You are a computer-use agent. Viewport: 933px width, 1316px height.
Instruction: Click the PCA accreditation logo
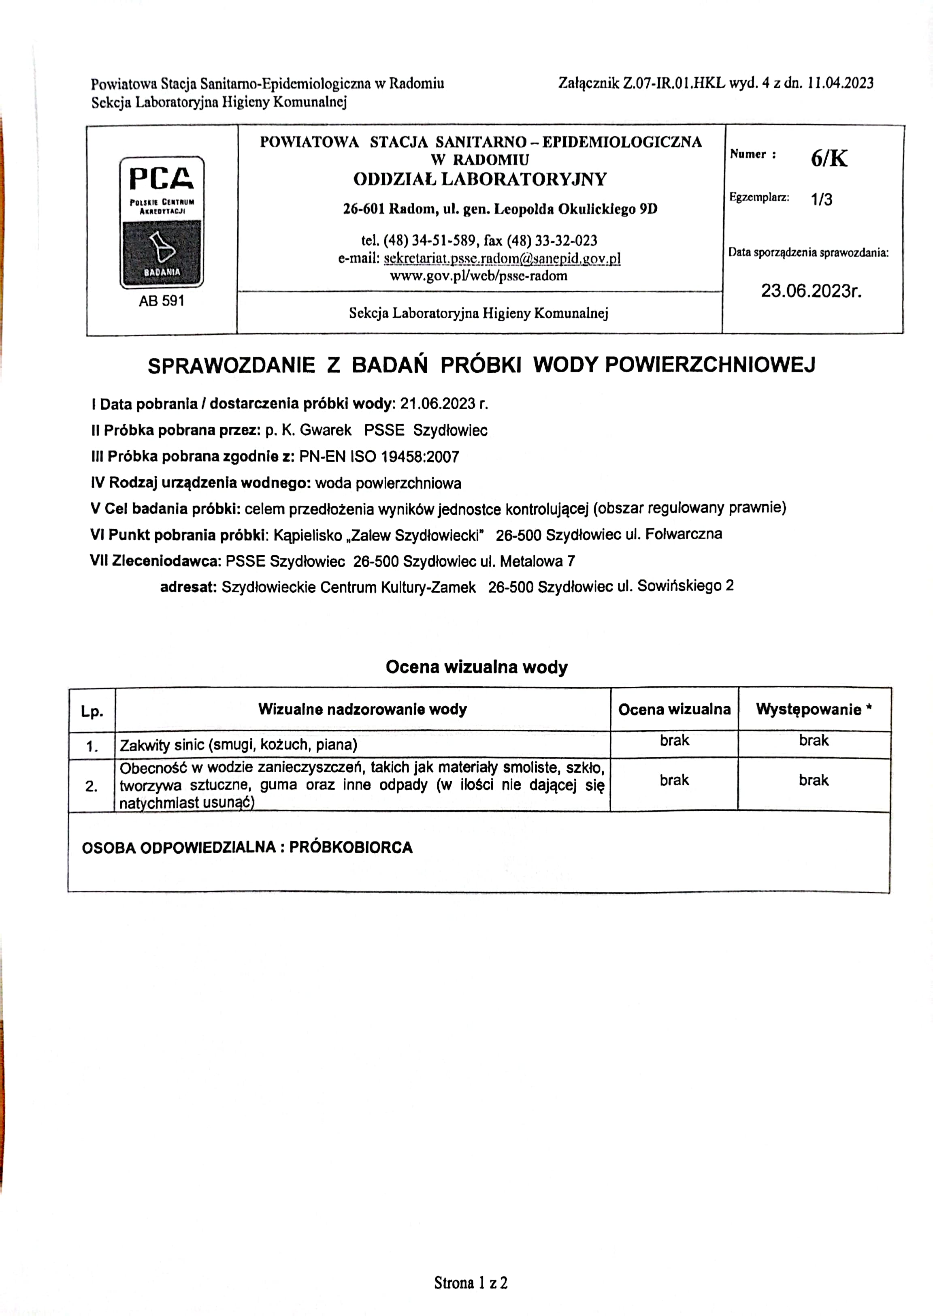tap(162, 222)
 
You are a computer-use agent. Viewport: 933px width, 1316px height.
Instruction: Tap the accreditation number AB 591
tap(162, 301)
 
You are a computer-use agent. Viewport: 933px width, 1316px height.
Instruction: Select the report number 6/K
tap(829, 158)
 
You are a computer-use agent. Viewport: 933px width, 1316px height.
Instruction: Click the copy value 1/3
tap(821, 199)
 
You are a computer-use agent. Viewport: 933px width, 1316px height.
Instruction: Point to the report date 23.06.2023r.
tap(811, 291)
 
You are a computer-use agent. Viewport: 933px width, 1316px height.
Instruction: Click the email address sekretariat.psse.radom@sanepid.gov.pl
tap(502, 258)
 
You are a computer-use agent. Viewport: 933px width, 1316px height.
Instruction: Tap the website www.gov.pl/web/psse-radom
tap(479, 276)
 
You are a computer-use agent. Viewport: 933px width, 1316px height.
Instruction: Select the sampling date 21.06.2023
tap(438, 404)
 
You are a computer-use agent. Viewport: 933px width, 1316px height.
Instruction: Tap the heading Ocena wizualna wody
tap(476, 667)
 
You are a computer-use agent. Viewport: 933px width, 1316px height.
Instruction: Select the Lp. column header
tap(92, 711)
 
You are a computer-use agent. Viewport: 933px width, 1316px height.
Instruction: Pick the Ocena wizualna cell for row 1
tap(674, 741)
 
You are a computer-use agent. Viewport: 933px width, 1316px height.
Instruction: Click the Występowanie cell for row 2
tap(814, 780)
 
